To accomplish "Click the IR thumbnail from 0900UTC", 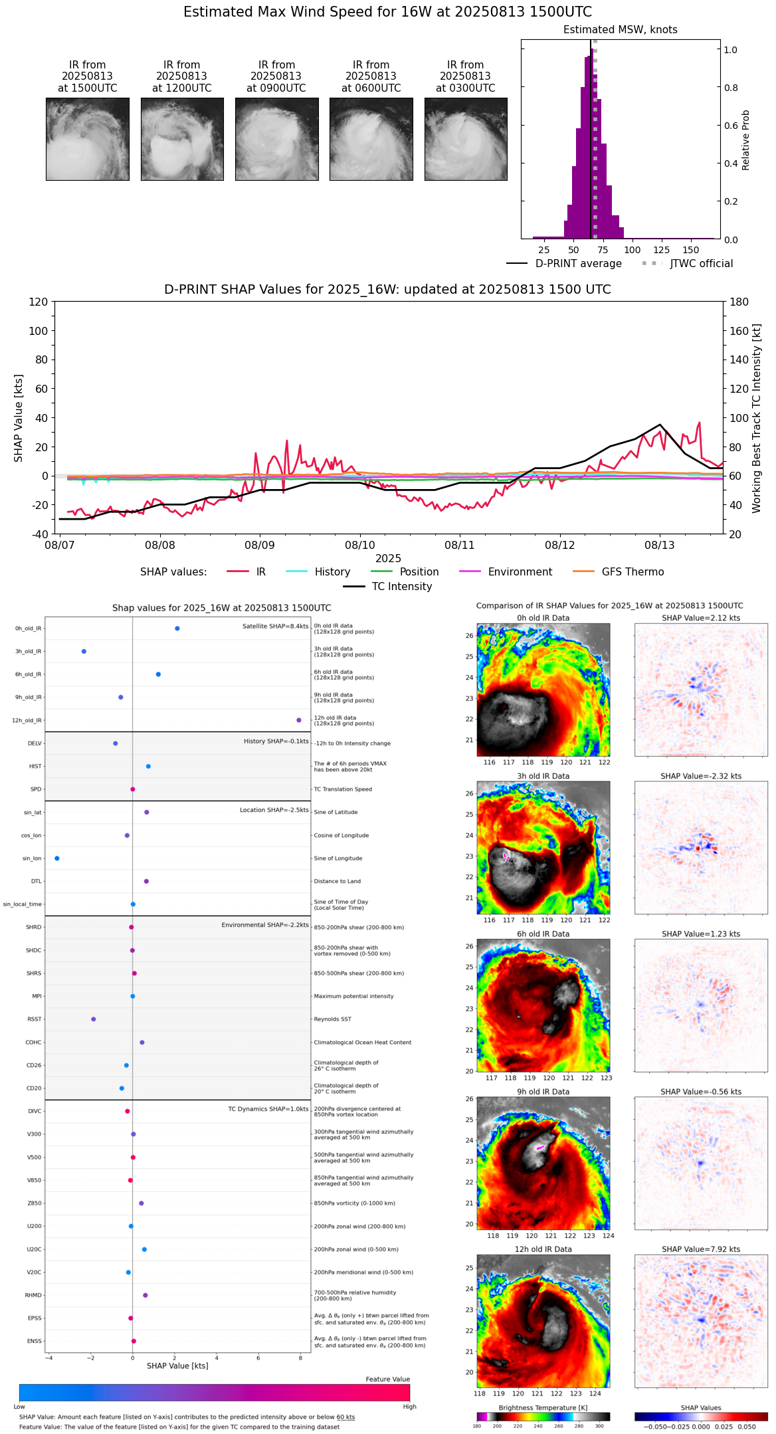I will (276, 139).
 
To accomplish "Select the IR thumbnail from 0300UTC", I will (466, 139).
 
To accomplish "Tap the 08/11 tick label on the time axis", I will (460, 546).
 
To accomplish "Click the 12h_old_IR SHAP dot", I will (299, 720).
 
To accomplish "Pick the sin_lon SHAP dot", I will (57, 859).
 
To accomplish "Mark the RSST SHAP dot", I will (94, 1019).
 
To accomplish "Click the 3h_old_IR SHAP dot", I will (84, 651).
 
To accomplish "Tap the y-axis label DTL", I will (36, 882).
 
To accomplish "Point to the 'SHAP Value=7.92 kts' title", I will (701, 1249).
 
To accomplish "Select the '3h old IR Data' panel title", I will (543, 776).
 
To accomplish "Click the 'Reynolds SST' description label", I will (332, 1019).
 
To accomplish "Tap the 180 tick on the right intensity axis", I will (739, 302).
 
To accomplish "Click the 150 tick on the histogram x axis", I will (691, 251).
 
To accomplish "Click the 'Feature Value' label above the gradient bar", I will (387, 1380).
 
